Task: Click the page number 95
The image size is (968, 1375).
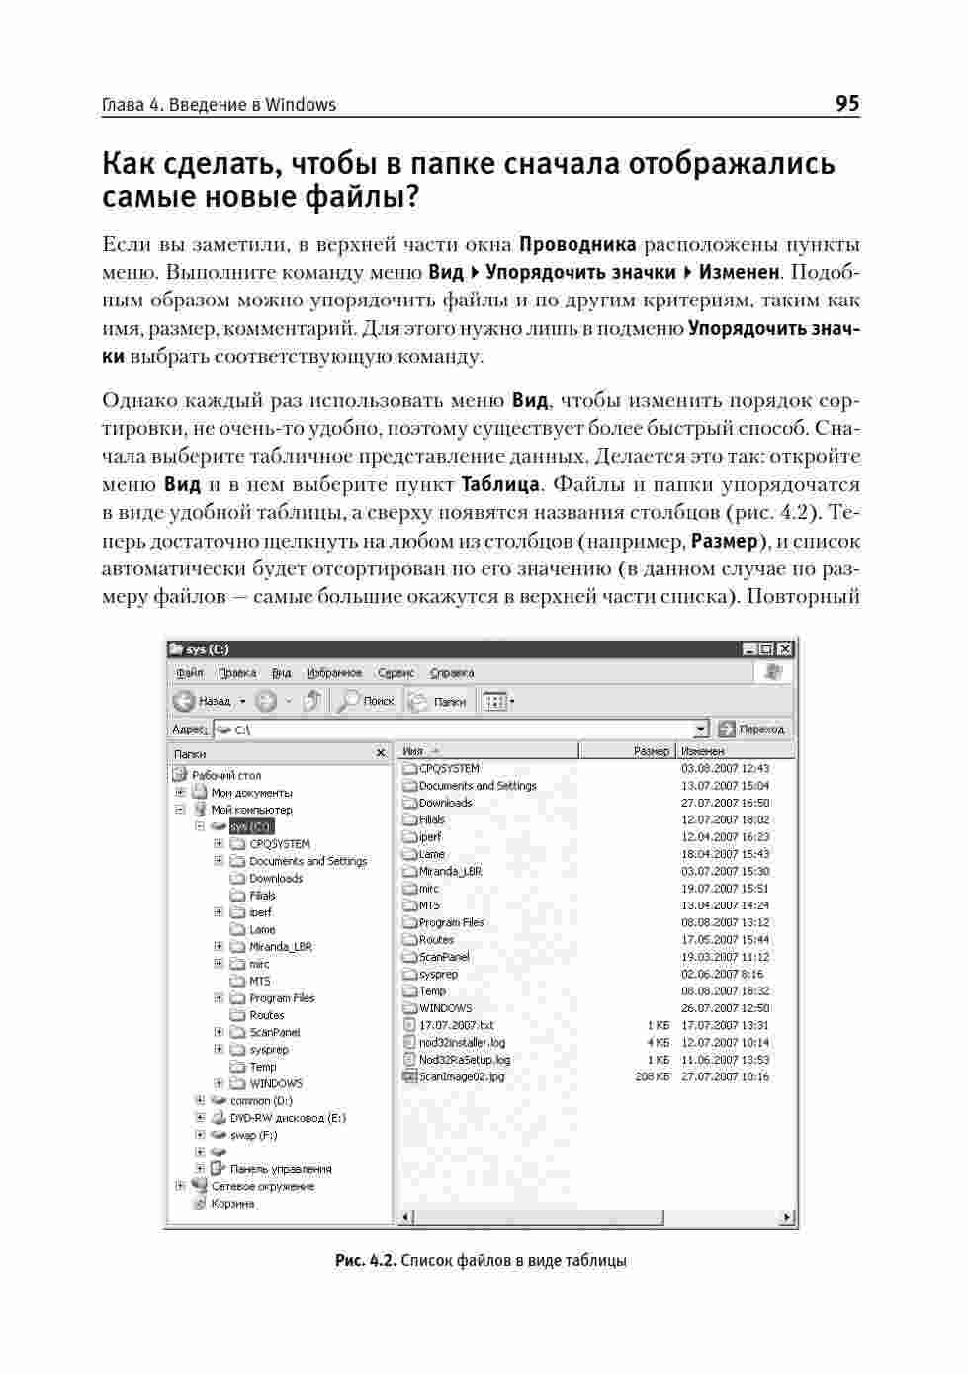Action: coord(846,104)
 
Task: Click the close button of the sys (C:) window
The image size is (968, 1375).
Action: coord(785,649)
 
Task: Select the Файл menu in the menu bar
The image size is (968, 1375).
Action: coord(190,673)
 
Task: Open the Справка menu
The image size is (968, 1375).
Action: coord(452,673)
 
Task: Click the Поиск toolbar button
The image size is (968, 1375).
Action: coord(367,701)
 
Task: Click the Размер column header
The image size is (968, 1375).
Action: coord(651,751)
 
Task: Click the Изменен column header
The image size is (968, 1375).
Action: coord(703,751)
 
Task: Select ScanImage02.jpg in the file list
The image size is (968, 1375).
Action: coord(461,1076)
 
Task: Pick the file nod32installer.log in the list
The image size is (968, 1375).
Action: coord(462,1042)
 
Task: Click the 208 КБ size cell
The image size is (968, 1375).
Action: coord(652,1076)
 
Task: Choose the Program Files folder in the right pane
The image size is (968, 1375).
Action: coord(451,922)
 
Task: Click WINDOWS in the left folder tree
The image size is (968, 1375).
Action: coord(276,1083)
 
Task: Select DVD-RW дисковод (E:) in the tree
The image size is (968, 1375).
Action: coord(288,1118)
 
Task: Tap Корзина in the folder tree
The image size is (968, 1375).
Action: coord(232,1204)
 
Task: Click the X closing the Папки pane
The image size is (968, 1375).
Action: coord(381,753)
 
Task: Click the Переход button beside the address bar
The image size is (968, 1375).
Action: coord(753,730)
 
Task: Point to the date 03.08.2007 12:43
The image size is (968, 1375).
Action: coord(725,768)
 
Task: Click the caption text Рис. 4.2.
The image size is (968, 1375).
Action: coord(366,1261)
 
